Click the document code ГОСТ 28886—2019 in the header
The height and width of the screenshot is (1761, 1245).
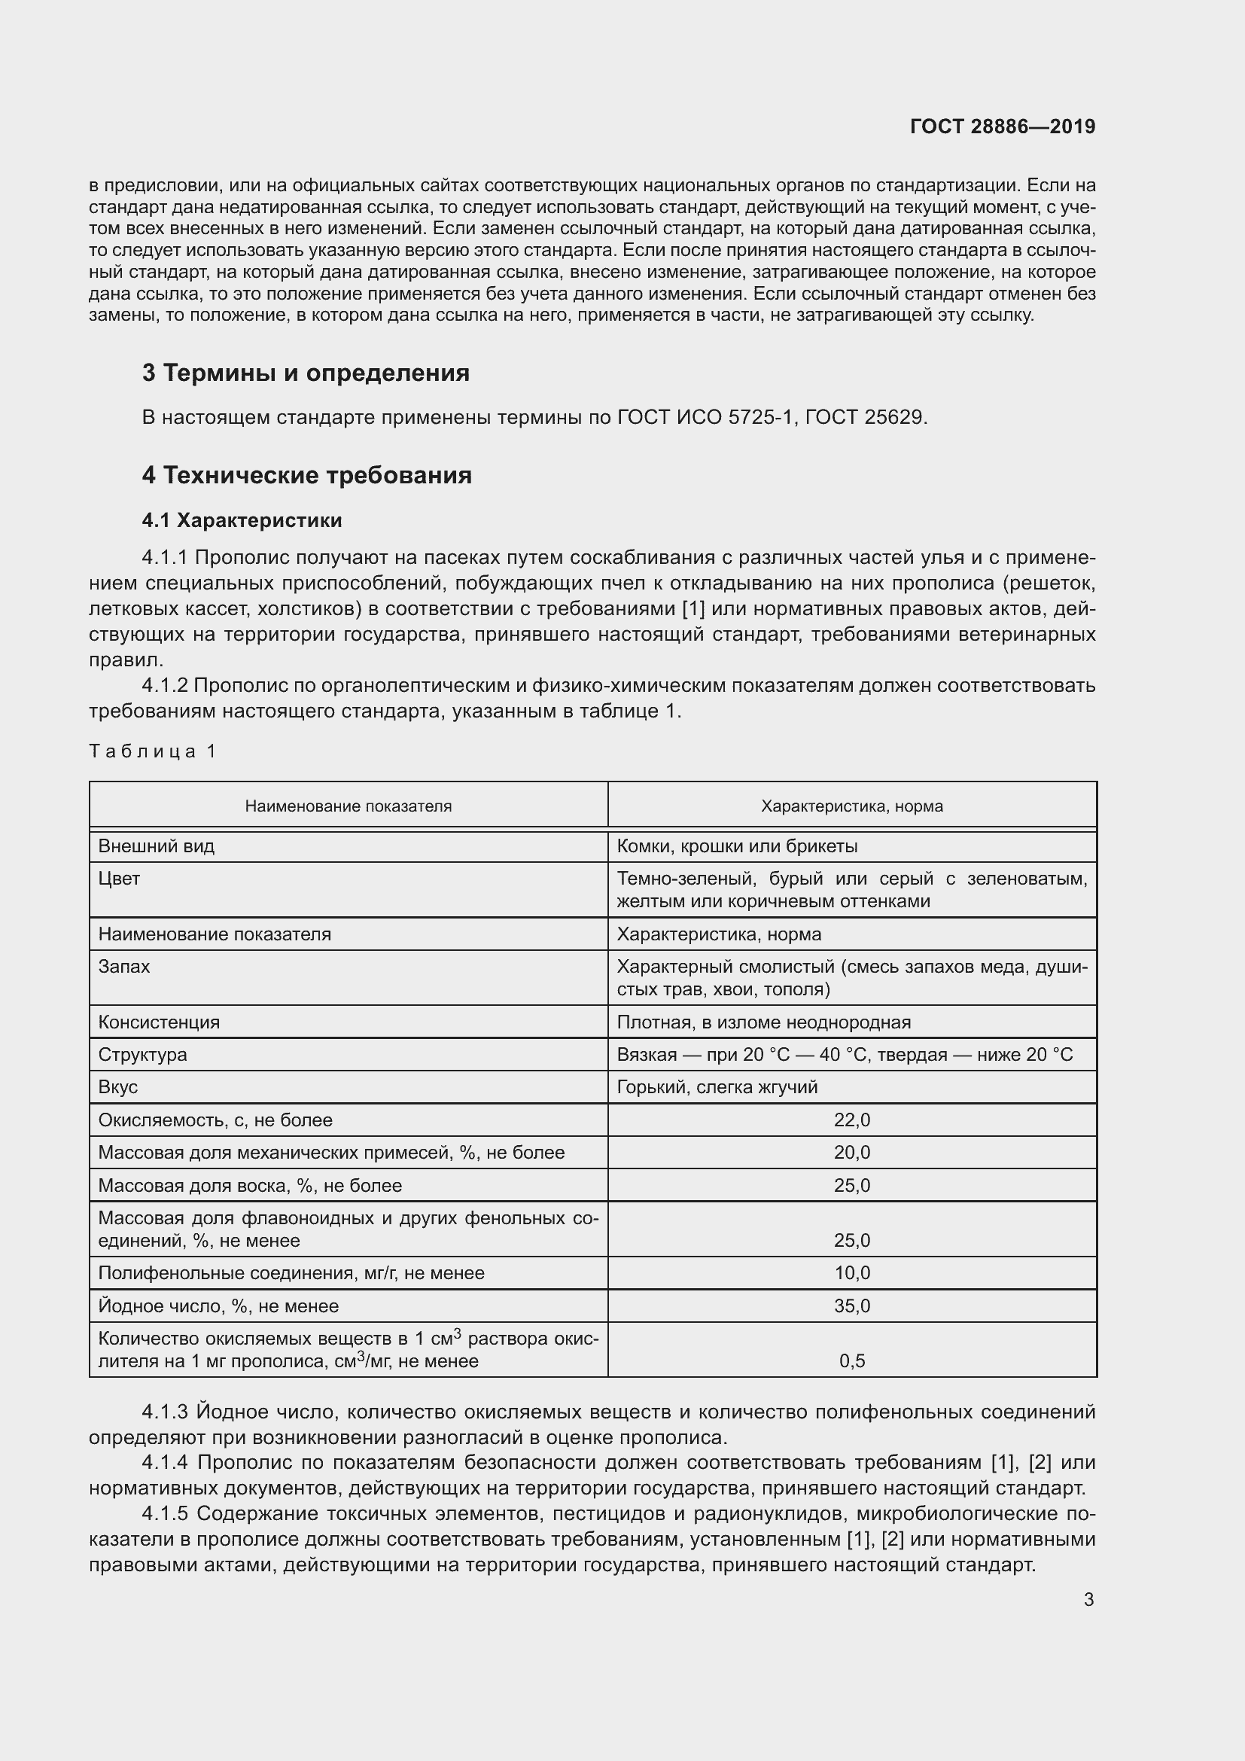coord(1002,126)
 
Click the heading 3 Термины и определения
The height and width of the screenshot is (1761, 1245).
coord(305,373)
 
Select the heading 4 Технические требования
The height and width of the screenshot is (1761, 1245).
coord(306,475)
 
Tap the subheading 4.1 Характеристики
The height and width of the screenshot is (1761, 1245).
coord(242,520)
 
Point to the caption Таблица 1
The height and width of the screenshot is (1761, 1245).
coord(153,751)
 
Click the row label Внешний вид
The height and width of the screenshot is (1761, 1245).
coord(157,846)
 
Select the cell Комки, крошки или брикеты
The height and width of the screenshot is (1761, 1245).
coord(736,846)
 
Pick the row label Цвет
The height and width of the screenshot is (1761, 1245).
coord(119,878)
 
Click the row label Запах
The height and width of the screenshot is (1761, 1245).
coord(124,967)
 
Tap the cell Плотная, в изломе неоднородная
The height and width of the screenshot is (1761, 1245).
coord(763,1022)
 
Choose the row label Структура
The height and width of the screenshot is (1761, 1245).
coord(142,1055)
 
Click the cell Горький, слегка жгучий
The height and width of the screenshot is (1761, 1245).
coord(717,1087)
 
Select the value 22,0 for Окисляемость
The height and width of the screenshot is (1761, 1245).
coord(852,1120)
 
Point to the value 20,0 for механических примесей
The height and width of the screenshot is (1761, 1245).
coord(852,1152)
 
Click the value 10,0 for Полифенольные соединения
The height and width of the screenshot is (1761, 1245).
coord(852,1273)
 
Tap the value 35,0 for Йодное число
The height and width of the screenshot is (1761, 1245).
coord(852,1306)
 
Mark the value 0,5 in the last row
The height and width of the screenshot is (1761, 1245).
coord(852,1360)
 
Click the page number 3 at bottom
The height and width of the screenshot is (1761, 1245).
coord(1088,1599)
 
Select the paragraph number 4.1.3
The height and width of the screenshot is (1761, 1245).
coord(165,1412)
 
